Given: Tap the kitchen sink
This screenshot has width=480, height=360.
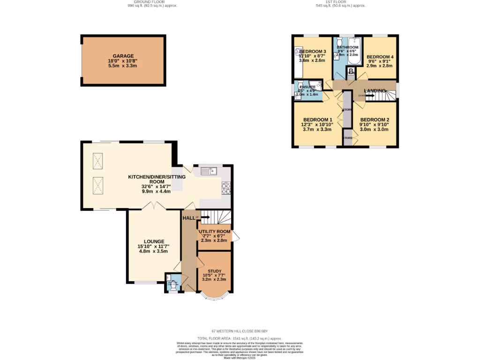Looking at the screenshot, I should point(209,171).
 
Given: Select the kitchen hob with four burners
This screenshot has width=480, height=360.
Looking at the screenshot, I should point(226,188).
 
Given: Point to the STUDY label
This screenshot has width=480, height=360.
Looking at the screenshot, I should point(214,270).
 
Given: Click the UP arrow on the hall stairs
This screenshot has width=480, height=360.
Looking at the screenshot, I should point(205,217).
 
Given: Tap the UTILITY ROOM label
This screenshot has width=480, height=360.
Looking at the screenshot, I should point(215,232).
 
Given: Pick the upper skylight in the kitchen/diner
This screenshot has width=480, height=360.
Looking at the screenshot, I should point(98,161).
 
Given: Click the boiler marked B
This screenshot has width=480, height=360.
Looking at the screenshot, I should point(351,72).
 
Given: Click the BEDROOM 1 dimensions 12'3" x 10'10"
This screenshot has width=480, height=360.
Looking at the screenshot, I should point(317,125).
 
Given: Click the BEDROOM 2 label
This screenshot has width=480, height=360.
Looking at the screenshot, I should point(375,120).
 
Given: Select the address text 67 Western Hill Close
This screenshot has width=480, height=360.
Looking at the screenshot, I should point(240,331).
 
